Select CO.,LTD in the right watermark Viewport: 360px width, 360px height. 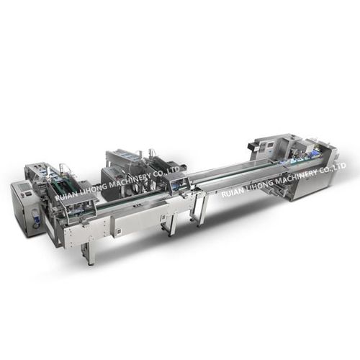coord(333,167)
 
